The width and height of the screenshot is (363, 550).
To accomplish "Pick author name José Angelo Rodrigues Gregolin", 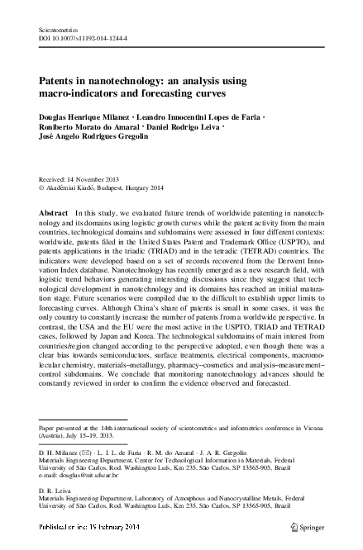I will tap(98, 142).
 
